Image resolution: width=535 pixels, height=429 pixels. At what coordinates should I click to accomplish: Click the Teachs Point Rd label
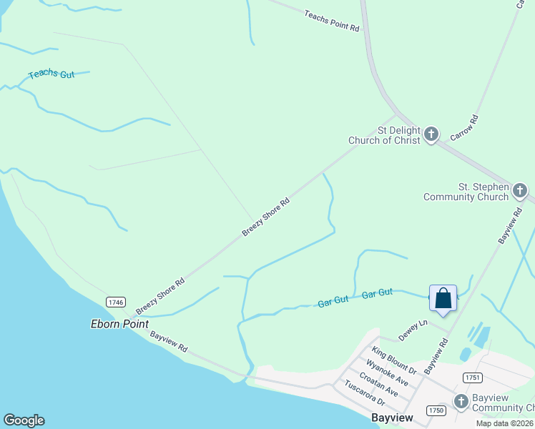331,21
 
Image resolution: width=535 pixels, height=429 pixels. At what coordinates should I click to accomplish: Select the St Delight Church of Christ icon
431,134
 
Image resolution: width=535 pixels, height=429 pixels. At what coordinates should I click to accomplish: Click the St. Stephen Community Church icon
520,190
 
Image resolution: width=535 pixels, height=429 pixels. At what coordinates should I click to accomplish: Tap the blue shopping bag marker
443,298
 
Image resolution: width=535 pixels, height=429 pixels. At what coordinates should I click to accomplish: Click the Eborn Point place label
119,324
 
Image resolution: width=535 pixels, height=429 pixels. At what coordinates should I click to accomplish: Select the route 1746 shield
116,302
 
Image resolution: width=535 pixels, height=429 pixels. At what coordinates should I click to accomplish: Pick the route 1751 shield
472,378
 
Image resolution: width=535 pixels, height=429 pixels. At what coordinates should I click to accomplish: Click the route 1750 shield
436,410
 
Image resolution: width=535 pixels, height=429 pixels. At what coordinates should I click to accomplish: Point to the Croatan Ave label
378,384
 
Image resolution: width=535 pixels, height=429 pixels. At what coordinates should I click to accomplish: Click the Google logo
24,420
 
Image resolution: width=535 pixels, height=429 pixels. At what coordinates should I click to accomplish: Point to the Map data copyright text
505,423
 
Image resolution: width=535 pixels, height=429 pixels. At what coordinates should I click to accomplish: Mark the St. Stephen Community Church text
466,192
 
